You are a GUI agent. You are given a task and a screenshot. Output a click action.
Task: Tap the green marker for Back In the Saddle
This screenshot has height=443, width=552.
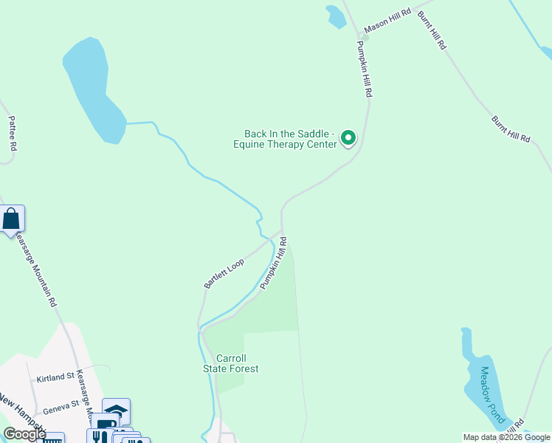(348, 137)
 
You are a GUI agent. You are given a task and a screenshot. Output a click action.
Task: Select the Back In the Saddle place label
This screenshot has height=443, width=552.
(291, 139)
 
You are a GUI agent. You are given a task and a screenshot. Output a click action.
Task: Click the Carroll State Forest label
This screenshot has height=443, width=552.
(231, 363)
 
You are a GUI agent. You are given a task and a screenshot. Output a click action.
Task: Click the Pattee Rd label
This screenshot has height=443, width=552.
(12, 133)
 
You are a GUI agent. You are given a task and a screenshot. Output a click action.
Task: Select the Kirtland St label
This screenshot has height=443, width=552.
(55, 377)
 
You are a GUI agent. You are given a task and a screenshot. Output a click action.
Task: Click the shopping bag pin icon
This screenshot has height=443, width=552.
(12, 219)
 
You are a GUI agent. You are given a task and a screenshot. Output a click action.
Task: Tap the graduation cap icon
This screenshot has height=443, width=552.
(116, 410)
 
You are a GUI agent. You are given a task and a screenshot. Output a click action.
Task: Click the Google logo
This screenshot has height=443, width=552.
(24, 434)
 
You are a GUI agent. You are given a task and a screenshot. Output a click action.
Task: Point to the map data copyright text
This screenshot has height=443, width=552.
(506, 436)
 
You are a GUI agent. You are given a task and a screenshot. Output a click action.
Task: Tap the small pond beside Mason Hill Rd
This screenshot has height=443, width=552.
(336, 16)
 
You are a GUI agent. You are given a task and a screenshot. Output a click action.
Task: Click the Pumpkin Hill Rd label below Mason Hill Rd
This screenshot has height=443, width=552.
(365, 69)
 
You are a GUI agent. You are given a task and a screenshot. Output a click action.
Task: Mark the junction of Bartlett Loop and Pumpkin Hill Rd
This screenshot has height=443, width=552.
(280, 231)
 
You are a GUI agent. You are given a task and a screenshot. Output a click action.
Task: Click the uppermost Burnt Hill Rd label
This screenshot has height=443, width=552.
(432, 30)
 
